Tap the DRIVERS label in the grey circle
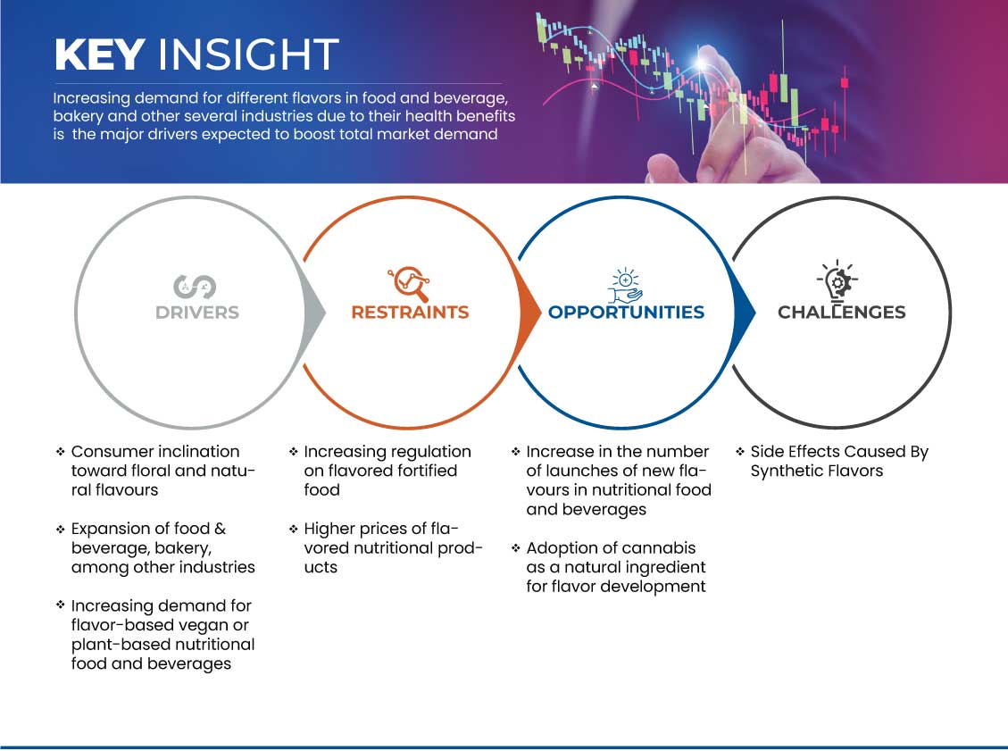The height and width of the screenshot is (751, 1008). point(197,313)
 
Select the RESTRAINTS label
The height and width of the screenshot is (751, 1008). point(410,313)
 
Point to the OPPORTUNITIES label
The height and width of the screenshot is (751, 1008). point(626,313)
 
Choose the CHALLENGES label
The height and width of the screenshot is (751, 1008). point(842,313)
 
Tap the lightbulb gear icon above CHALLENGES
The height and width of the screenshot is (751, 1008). point(837,280)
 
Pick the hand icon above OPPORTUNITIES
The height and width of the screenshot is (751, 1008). point(626,286)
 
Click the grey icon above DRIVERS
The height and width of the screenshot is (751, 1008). point(194,286)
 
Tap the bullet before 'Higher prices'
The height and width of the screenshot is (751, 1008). point(294,530)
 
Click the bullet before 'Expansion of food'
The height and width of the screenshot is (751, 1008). point(61,530)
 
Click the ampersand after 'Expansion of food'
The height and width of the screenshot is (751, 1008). point(220,529)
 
